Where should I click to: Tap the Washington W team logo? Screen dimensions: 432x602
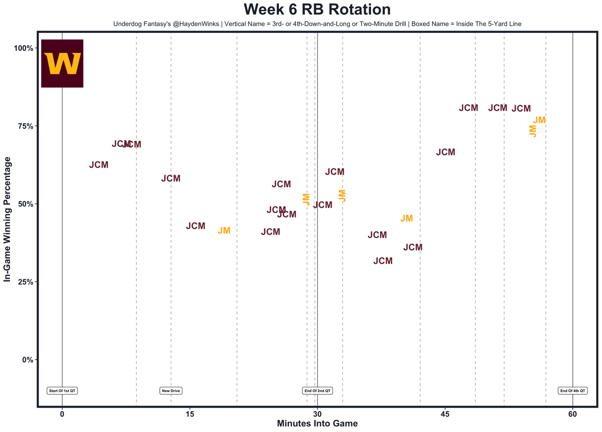click(62, 63)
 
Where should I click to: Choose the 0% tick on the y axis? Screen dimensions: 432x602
click(27, 360)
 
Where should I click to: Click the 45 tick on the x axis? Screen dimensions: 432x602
click(445, 415)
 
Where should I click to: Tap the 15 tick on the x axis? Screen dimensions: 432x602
click(190, 415)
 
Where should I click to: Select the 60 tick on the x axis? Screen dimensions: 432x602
click(572, 415)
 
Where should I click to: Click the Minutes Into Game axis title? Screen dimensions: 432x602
click(317, 424)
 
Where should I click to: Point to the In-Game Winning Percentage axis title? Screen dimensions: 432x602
click(8, 219)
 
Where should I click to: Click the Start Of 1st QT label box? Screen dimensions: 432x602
click(62, 391)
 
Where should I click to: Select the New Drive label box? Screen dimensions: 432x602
click(171, 391)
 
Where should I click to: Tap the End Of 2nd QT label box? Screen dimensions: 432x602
click(317, 391)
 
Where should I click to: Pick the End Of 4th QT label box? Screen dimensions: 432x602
click(572, 391)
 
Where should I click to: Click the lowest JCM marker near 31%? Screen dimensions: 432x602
click(383, 261)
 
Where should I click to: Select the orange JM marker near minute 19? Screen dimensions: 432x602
click(224, 231)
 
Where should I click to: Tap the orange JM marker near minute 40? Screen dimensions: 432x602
click(406, 218)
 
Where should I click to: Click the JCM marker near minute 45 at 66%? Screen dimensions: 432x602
click(445, 152)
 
